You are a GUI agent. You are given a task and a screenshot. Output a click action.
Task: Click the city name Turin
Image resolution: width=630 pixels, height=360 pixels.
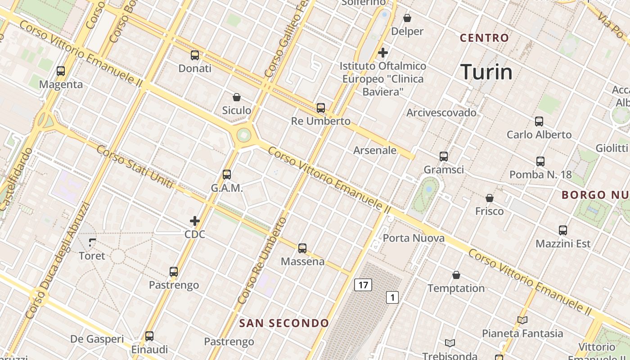[486, 72]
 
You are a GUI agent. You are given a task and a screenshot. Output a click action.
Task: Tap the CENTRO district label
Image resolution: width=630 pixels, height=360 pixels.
[484, 38]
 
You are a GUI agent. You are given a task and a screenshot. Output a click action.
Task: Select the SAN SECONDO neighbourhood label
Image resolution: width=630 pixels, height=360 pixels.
[284, 323]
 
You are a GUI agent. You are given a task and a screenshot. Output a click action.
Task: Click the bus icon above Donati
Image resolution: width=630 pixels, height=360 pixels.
[195, 55]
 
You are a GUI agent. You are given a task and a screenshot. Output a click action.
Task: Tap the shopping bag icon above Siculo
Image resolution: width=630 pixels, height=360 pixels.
[237, 97]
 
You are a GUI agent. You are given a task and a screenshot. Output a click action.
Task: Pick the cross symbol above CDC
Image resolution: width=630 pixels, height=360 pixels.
[195, 221]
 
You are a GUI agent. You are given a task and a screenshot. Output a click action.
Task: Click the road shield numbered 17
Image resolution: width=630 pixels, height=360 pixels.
[363, 284]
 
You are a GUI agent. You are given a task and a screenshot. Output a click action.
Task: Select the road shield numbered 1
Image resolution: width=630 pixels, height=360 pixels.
[392, 297]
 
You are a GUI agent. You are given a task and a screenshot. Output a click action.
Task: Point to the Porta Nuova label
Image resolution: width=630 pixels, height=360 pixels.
[414, 238]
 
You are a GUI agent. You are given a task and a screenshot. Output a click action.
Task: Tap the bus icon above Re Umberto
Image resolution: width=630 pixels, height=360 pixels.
[321, 108]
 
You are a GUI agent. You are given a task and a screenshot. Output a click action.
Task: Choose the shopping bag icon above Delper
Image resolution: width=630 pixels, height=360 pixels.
[407, 18]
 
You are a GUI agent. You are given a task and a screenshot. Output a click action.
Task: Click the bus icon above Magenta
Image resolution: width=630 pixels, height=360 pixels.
[61, 71]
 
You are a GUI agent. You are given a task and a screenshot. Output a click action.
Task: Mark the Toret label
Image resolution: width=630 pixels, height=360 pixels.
[92, 256]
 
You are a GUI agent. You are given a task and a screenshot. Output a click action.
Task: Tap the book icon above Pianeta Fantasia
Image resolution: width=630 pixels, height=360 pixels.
[522, 320]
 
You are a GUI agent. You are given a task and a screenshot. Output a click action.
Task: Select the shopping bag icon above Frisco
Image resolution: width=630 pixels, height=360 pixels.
[490, 198]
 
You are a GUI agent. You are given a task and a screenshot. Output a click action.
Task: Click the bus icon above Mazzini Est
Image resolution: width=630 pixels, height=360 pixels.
[563, 230]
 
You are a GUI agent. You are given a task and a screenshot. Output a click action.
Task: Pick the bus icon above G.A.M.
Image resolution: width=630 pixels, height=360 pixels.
[227, 175]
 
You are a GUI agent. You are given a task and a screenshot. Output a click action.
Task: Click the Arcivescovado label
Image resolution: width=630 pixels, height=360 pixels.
[441, 112]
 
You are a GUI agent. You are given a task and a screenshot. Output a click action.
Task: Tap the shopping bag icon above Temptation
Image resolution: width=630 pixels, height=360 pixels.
[456, 275]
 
